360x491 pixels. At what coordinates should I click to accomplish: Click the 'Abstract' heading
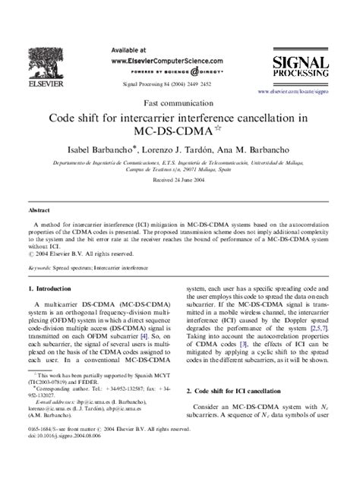pyautogui.click(x=39, y=208)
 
